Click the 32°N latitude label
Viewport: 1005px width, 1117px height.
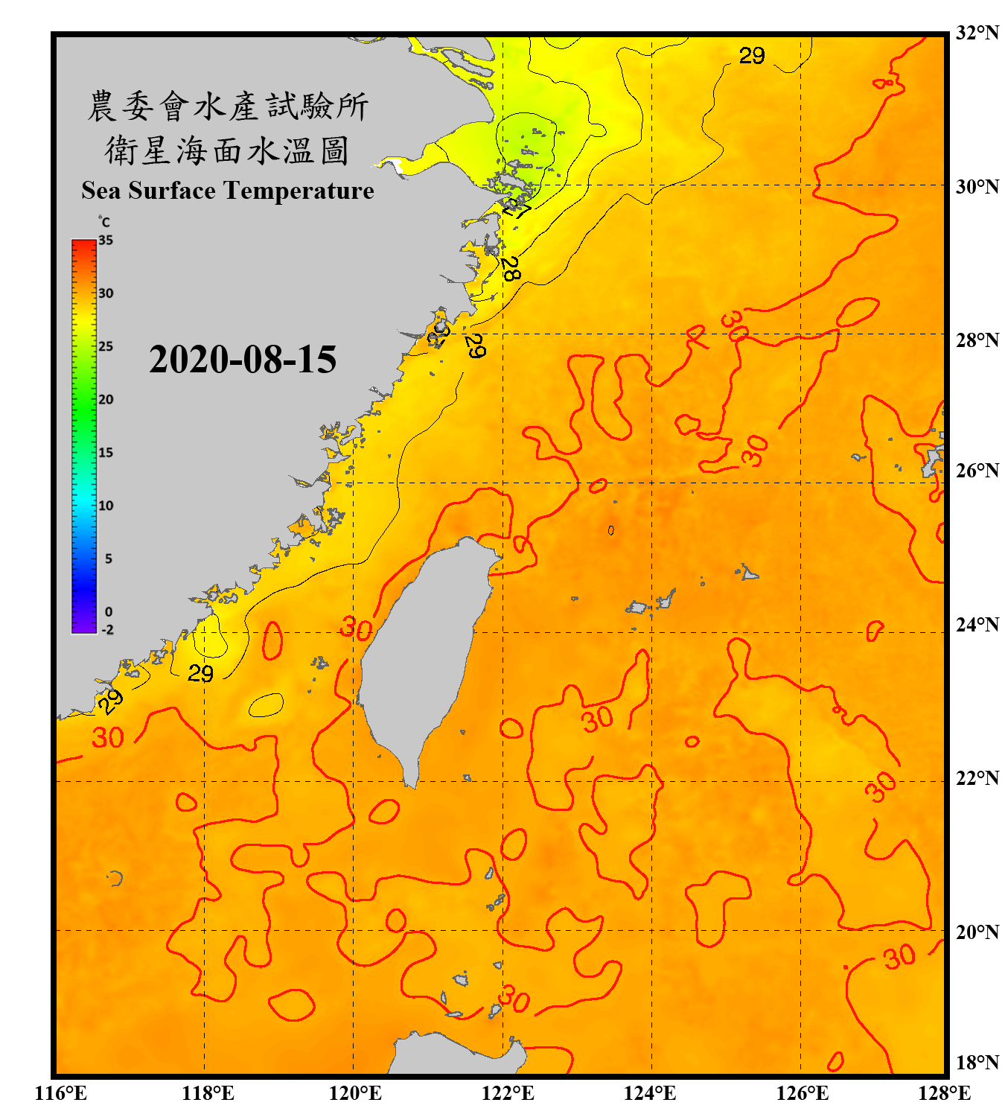[977, 34]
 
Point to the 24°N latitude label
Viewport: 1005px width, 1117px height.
[977, 625]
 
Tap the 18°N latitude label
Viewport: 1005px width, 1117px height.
[977, 1063]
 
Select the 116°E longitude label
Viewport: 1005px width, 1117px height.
[61, 1093]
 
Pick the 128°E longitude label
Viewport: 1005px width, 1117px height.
[944, 1093]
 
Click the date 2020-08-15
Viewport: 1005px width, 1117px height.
[243, 360]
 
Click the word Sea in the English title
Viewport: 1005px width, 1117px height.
[100, 191]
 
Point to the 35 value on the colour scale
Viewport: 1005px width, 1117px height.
[106, 241]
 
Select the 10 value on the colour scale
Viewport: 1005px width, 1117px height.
[106, 506]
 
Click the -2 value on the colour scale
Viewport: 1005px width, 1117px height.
[107, 630]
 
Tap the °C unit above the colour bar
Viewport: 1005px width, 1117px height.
[104, 222]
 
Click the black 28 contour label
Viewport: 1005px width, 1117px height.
[510, 269]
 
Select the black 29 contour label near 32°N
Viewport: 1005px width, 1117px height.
[752, 56]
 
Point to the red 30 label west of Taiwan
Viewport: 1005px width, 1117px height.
[356, 630]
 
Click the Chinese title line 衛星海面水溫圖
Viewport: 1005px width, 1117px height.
[227, 150]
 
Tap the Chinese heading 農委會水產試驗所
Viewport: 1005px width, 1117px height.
[227, 106]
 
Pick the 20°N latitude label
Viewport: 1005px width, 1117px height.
[977, 932]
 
